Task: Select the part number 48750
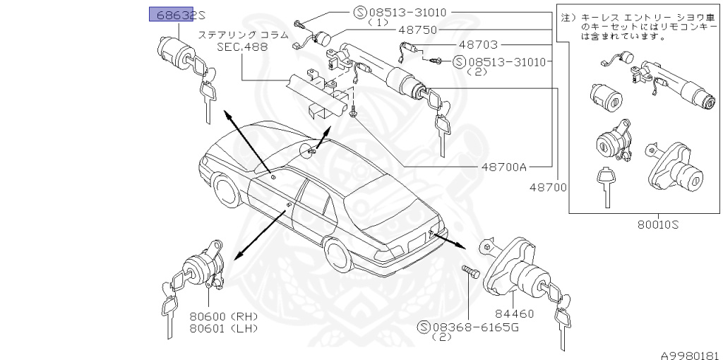(417, 30)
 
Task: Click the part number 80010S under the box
(657, 225)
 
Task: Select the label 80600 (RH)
(223, 316)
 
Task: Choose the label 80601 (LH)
(223, 328)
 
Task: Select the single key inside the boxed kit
(604, 185)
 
